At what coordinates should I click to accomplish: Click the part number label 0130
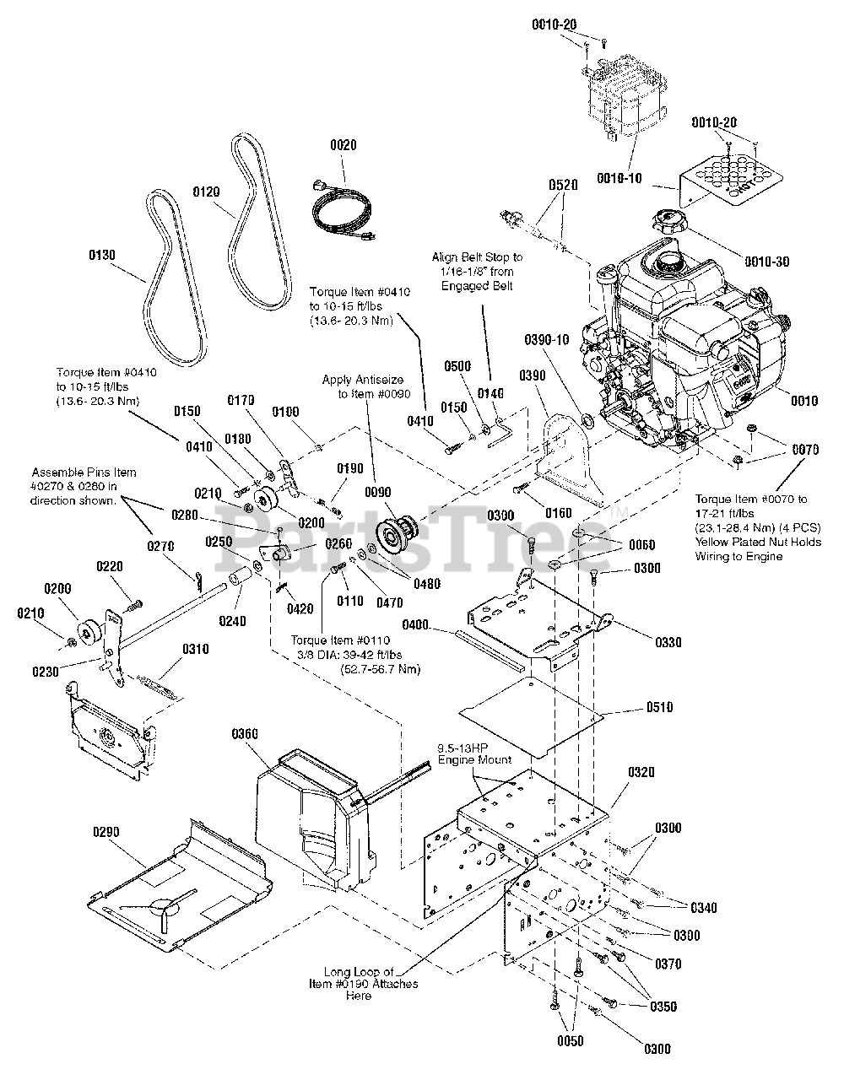point(102,255)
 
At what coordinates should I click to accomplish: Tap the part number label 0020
point(344,144)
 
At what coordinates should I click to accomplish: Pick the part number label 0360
point(245,733)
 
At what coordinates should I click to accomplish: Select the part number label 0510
point(660,707)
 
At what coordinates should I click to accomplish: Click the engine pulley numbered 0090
point(398,531)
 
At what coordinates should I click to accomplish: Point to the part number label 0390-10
point(547,339)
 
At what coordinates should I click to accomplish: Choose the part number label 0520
point(563,185)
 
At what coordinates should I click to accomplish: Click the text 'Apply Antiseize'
point(362,380)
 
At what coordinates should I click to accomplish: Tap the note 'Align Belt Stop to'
point(477,257)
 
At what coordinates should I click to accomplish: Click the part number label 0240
point(233,621)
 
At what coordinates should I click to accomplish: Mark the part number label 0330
point(668,642)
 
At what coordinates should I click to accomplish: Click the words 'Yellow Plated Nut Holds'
point(758,542)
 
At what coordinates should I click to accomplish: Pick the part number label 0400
point(415,624)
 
